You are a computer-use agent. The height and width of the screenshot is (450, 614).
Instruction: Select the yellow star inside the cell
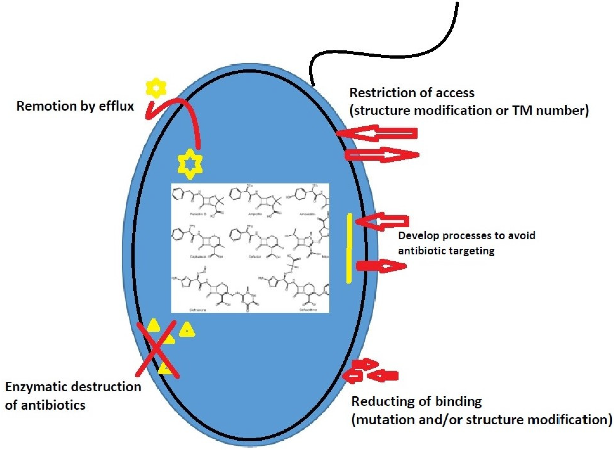point(190,164)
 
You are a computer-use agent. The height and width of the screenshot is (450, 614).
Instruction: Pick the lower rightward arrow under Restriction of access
point(382,155)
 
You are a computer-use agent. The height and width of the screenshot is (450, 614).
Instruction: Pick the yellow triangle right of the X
point(187,330)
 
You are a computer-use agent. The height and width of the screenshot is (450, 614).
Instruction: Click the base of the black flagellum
point(314,85)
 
